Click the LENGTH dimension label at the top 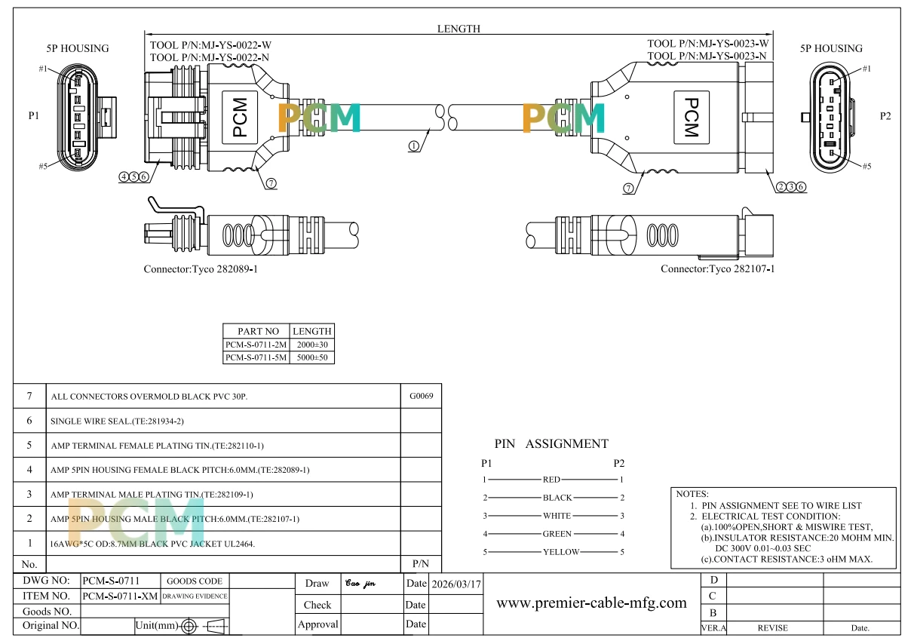click(459, 29)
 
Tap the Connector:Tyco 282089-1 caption click(201, 269)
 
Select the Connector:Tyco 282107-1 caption click(717, 268)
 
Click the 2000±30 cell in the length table click(312, 345)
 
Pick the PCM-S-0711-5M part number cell click(256, 357)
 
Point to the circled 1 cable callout click(413, 146)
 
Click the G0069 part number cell click(421, 395)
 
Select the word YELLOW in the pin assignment click(560, 552)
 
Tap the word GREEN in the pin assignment click(557, 534)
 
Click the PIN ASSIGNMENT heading click(551, 443)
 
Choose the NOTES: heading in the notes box click(692, 494)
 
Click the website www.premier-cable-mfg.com click(591, 603)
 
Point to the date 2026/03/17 click(456, 584)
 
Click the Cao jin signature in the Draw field click(360, 583)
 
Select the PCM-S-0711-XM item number click(120, 596)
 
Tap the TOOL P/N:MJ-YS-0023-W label click(708, 43)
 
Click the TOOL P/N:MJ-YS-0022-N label click(210, 57)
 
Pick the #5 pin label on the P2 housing click(866, 166)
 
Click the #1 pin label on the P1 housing click(43, 69)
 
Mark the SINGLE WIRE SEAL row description click(117, 422)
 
